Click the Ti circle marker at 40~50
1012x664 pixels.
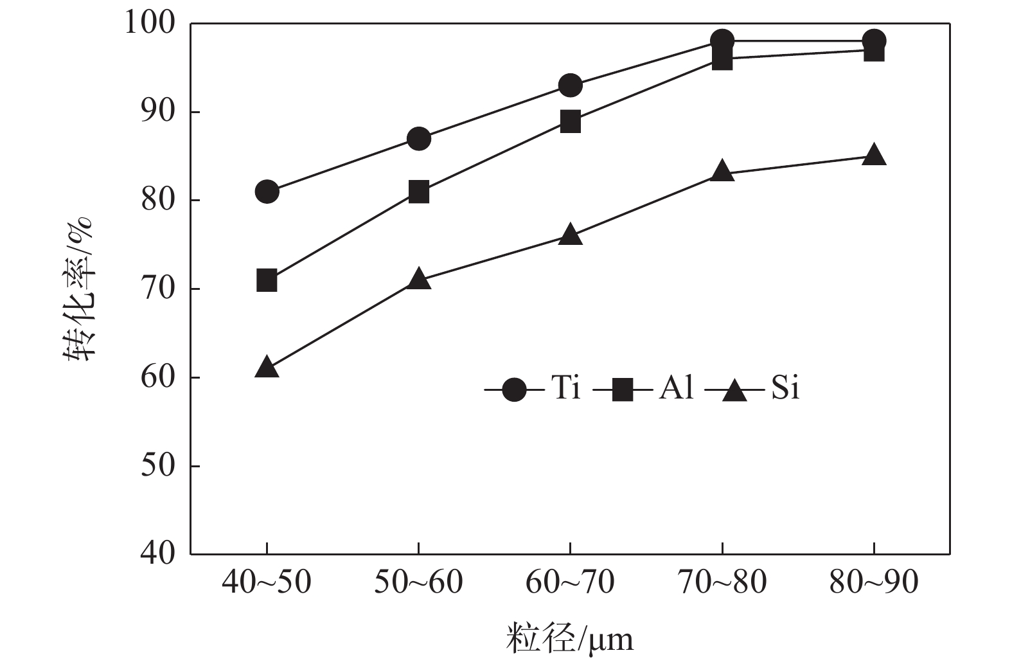[267, 192]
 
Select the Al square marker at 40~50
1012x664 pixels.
[267, 281]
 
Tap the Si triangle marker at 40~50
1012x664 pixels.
[267, 368]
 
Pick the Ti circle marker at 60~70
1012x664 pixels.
[570, 85]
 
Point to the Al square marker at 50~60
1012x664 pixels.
[418, 192]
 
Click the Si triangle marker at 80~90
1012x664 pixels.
[874, 156]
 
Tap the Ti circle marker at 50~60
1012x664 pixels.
[418, 138]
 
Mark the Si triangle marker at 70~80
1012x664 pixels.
[722, 172]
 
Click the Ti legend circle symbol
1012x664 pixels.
[514, 390]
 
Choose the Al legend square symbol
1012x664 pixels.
[623, 390]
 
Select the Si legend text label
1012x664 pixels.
[785, 388]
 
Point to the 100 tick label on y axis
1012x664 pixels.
[149, 24]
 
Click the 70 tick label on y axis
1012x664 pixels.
[157, 289]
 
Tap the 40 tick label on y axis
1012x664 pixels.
[157, 553]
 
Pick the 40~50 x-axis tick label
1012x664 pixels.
[267, 582]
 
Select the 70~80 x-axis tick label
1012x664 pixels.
[722, 582]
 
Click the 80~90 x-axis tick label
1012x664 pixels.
[874, 582]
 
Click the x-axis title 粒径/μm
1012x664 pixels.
[569, 639]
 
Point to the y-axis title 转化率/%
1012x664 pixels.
[78, 289]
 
